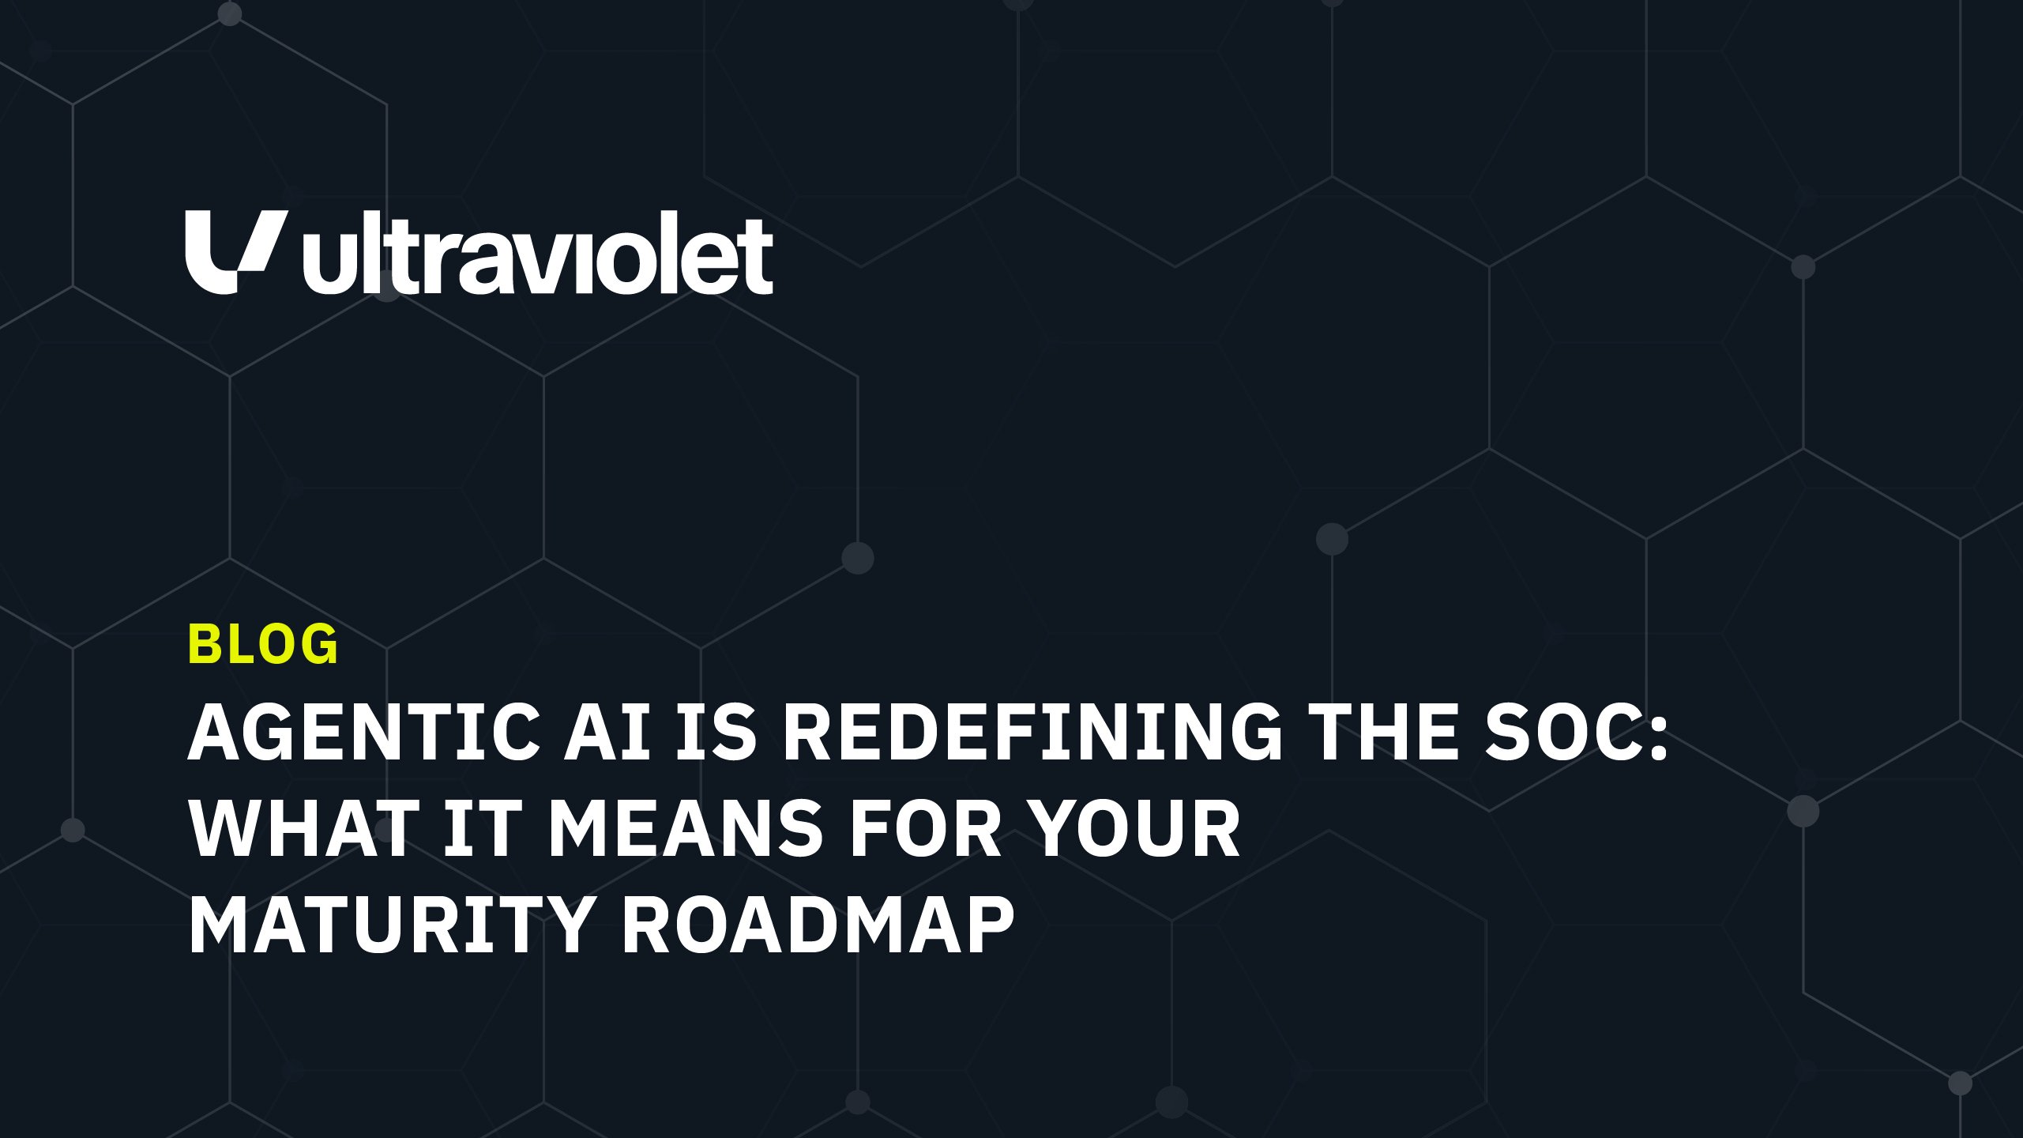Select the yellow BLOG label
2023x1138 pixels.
pyautogui.click(x=263, y=644)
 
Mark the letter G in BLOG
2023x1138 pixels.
pyautogui.click(x=319, y=644)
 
